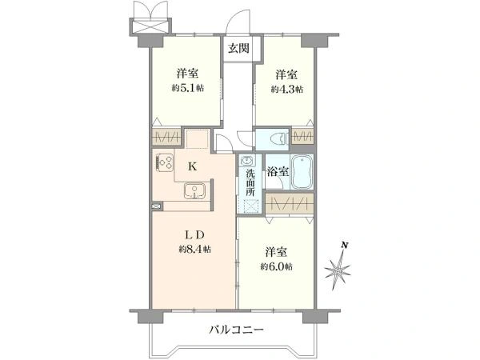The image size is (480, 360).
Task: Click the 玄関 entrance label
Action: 238,48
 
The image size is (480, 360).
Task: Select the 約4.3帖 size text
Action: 288,89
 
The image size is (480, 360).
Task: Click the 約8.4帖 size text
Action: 195,249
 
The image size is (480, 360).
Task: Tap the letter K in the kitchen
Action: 193,166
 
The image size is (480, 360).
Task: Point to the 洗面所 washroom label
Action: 250,182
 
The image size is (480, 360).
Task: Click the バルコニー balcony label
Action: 238,329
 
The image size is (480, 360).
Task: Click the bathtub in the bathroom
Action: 302,171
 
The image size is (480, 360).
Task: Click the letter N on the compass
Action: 343,245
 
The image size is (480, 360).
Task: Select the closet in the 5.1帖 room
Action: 166,136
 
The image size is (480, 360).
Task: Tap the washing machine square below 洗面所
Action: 250,205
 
